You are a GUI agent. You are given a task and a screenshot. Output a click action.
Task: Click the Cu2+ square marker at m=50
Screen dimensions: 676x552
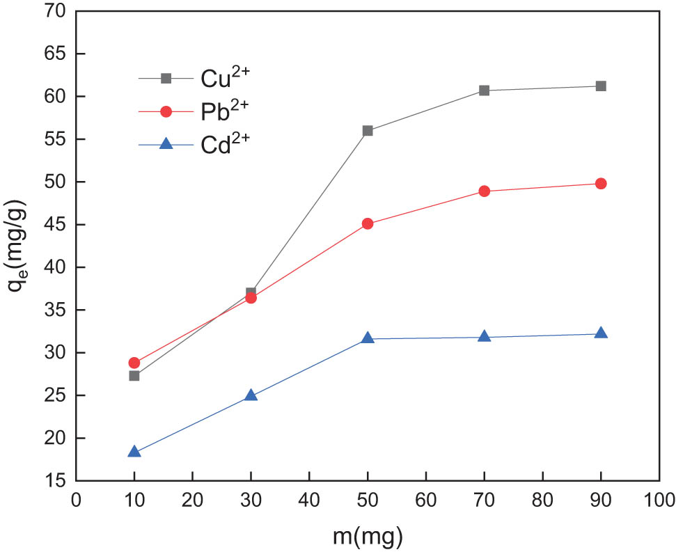(368, 131)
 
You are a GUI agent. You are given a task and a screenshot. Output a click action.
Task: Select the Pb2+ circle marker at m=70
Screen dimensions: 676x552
(484, 191)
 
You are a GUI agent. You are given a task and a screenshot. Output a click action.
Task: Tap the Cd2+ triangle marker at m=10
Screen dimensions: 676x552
(134, 452)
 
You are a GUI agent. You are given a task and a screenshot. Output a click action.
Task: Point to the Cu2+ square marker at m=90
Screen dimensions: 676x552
(601, 86)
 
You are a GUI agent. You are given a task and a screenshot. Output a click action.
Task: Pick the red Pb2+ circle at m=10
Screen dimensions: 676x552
(134, 363)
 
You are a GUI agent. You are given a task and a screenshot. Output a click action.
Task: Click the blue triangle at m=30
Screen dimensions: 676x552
(251, 396)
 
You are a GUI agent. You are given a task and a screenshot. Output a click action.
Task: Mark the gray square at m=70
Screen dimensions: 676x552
(484, 90)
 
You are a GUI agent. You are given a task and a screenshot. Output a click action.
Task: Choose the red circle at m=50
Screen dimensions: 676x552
(368, 224)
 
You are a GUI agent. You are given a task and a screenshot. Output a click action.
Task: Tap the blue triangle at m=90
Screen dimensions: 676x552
(601, 333)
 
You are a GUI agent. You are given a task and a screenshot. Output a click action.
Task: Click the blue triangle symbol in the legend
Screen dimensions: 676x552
(166, 144)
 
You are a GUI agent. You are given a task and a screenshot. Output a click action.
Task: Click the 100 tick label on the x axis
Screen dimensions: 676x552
(659, 499)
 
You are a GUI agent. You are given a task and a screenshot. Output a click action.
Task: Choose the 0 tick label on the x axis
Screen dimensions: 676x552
(76, 499)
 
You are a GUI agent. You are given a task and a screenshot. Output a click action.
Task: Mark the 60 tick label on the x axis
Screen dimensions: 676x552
(425, 499)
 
